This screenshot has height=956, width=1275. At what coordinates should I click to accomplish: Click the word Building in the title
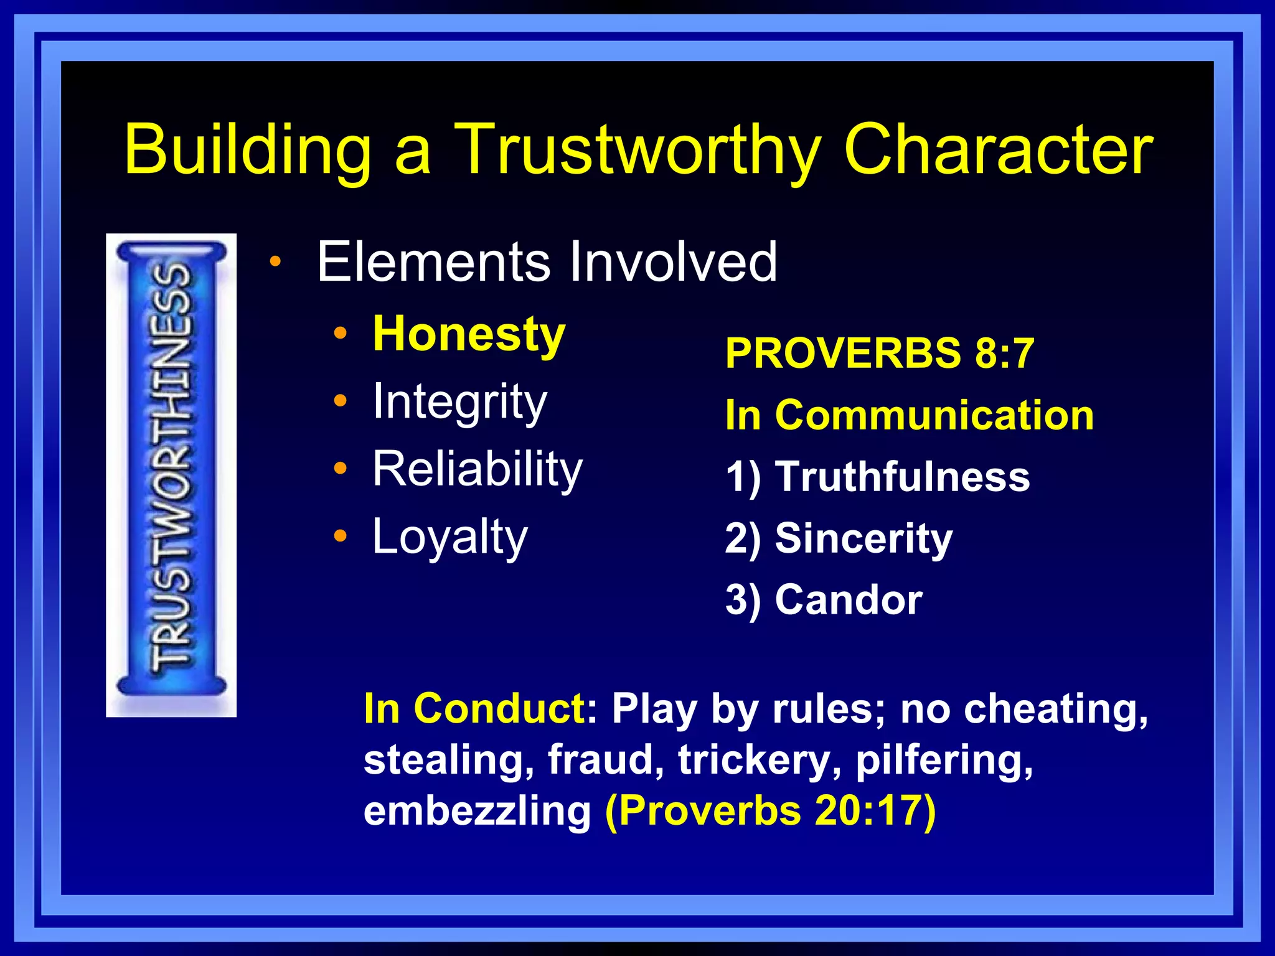248,149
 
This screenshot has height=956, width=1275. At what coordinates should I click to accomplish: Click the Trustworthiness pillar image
171,474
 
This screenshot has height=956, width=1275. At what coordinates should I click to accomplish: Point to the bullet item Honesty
469,335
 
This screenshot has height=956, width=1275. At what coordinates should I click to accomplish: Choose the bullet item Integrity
459,402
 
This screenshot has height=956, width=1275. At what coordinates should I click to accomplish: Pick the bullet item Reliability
478,469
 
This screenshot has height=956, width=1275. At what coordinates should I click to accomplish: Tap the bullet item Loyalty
449,537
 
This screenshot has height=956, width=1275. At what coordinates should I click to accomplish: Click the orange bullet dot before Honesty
340,333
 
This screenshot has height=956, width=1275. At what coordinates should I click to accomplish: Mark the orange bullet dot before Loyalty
340,535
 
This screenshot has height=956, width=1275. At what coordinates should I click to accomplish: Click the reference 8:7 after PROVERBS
1004,353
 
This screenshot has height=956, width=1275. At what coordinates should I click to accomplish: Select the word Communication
934,415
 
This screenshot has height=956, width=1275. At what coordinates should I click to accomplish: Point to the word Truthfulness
902,477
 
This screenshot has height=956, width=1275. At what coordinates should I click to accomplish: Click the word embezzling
477,811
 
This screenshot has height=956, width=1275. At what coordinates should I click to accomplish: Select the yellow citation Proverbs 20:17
771,811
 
